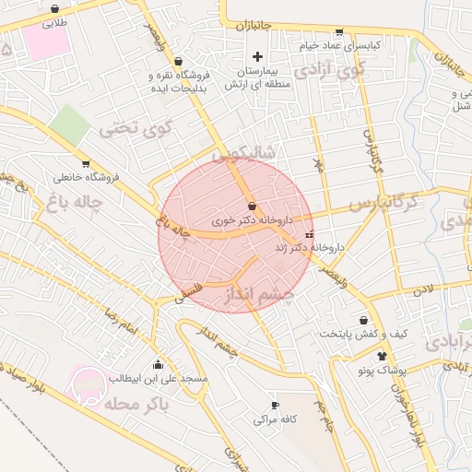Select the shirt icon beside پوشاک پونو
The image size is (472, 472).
[x=381, y=354]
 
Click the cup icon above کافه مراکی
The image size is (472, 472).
[x=275, y=405]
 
